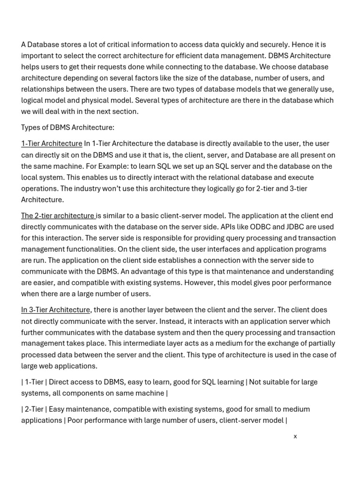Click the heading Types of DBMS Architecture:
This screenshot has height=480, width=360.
67,127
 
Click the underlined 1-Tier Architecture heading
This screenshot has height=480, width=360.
52,143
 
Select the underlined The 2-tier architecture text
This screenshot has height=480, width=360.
58,216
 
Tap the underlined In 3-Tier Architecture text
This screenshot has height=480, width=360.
55,310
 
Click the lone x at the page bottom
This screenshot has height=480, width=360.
295,436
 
